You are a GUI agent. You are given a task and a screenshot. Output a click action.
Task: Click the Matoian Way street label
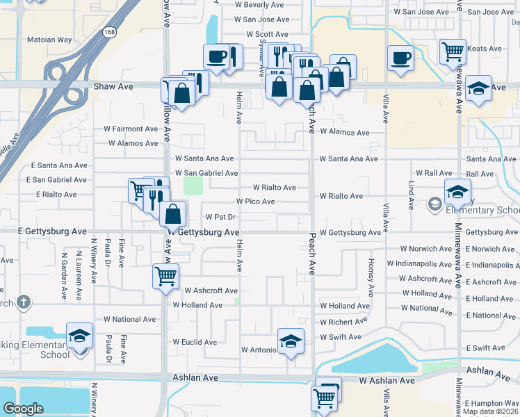pos(49,40)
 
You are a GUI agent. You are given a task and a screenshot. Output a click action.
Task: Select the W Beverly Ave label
pos(261,5)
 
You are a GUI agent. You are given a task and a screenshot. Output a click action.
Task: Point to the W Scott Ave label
pos(267,34)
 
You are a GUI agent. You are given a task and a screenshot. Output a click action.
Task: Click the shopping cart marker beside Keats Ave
pos(453,51)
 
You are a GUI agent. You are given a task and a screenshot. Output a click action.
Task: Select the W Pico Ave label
pos(255,202)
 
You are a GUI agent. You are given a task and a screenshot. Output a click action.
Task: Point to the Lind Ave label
pos(411,197)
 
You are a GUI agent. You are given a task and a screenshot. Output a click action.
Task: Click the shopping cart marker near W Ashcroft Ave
pos(166,276)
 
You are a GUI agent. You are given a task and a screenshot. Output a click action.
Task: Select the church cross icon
pos(24,302)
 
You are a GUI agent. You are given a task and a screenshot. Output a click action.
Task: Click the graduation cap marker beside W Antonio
pos(291,341)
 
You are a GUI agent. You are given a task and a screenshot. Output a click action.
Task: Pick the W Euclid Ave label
pos(195,343)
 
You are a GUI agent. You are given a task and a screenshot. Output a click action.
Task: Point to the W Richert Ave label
pos(343,322)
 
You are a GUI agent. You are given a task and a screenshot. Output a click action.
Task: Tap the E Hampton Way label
pos(491,403)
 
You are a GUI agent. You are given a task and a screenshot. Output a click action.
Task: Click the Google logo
pos(23,409)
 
